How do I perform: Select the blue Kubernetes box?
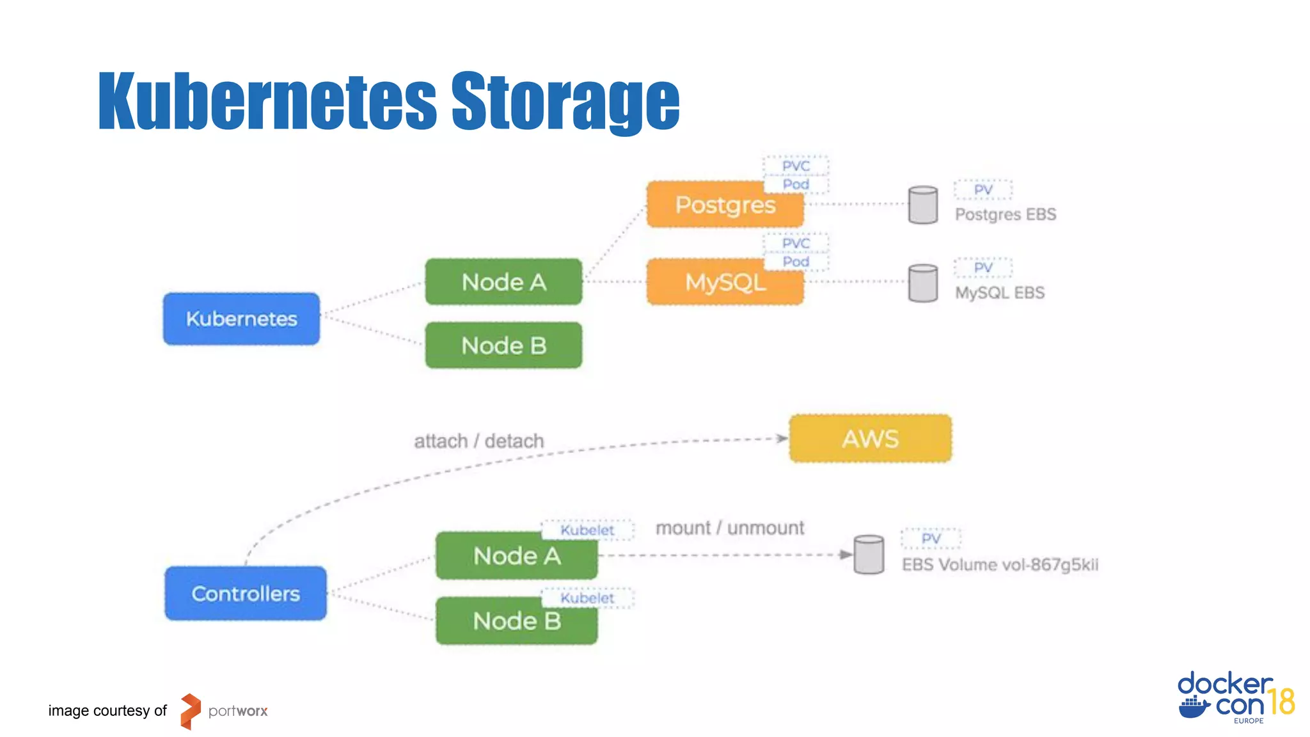click(241, 319)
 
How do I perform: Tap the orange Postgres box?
click(724, 205)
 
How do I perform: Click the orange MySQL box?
click(724, 283)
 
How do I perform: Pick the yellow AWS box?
click(870, 439)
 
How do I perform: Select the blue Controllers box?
click(246, 594)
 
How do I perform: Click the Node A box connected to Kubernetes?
click(503, 282)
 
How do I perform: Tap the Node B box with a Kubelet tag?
click(516, 621)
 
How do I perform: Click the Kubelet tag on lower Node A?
click(587, 530)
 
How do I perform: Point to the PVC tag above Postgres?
click(796, 166)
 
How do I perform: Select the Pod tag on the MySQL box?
click(796, 262)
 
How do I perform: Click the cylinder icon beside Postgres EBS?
click(923, 205)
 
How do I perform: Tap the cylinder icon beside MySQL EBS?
click(923, 283)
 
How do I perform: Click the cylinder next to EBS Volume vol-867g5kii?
click(869, 555)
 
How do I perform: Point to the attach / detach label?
click(478, 441)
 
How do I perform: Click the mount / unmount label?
click(729, 528)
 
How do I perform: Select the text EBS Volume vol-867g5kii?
click(1000, 565)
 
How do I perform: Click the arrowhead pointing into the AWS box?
click(782, 438)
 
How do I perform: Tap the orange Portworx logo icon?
click(190, 711)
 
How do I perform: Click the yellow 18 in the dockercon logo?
click(1281, 702)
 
